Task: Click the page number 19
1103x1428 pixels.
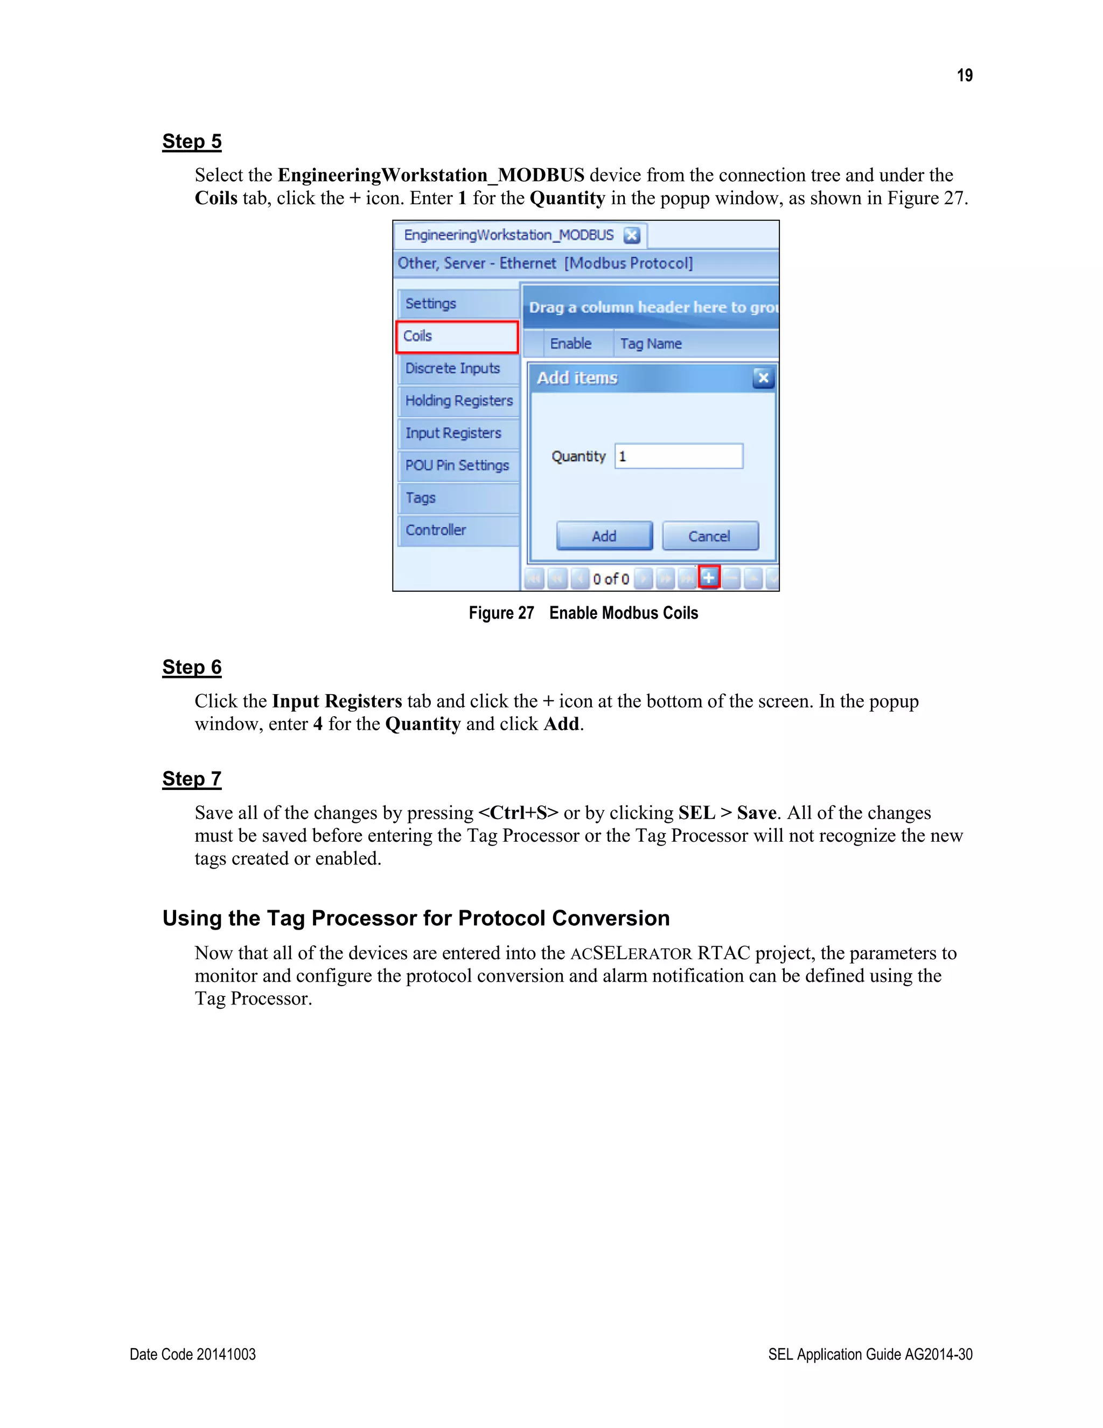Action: tap(965, 75)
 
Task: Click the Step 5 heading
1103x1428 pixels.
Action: tap(191, 141)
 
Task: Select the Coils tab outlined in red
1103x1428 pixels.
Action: tap(457, 336)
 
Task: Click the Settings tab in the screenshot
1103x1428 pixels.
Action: tap(457, 303)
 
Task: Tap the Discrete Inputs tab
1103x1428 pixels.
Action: tap(457, 368)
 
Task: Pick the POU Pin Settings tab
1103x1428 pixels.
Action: tap(457, 465)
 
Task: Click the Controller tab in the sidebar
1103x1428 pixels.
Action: tap(457, 530)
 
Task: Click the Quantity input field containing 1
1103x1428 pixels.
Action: tap(678, 456)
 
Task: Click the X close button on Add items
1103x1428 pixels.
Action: tap(763, 377)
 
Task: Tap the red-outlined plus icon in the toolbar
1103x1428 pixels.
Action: tap(709, 577)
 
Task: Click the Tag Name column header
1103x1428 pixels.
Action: tap(651, 343)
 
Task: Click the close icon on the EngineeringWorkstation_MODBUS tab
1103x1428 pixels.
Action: tap(631, 235)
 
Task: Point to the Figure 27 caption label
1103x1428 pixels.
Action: tap(501, 613)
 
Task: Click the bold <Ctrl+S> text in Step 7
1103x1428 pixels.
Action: tap(518, 813)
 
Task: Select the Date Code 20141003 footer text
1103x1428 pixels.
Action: tap(193, 1354)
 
